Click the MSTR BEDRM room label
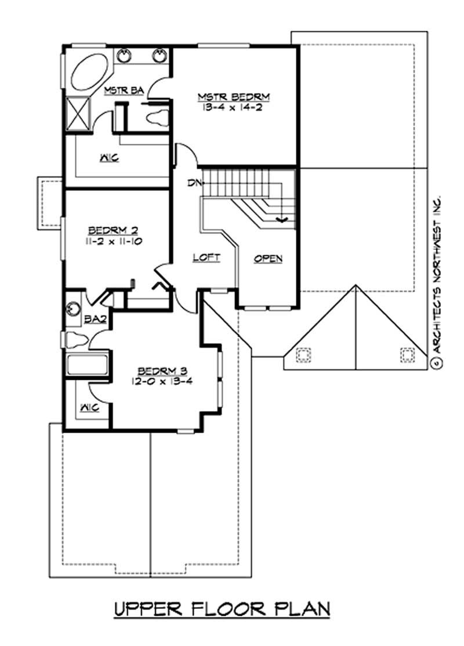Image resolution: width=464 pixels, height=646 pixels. [x=234, y=96]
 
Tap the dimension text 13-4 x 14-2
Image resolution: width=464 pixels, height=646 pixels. [x=234, y=108]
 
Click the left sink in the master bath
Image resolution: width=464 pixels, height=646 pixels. [x=124, y=56]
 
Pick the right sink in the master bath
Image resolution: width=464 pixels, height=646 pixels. [x=160, y=56]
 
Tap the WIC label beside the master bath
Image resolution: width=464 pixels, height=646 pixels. [x=109, y=157]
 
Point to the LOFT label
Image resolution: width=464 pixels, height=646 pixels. [x=206, y=257]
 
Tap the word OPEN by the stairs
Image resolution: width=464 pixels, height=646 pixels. [x=268, y=259]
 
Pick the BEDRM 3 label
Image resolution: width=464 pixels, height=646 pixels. [x=162, y=371]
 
